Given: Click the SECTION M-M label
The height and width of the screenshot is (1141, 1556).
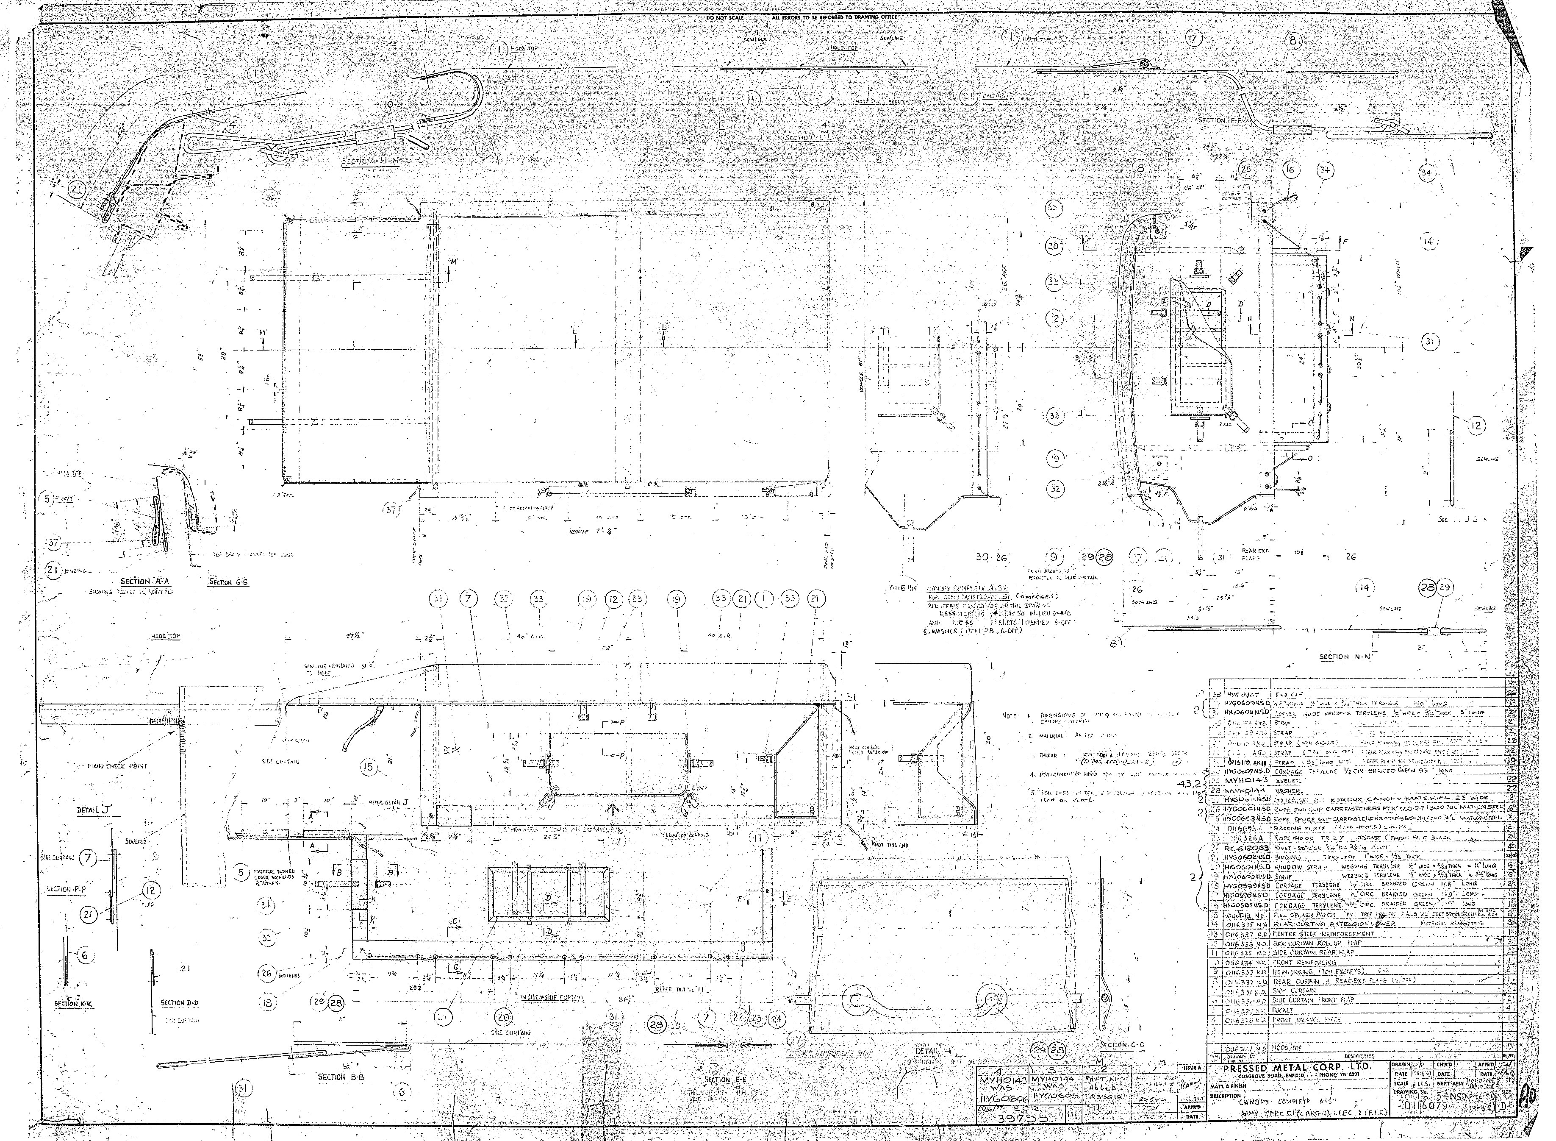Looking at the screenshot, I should (372, 161).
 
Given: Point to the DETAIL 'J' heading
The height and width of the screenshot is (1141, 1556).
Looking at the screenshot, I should (94, 810).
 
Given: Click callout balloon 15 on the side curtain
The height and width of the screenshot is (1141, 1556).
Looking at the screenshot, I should (369, 767).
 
